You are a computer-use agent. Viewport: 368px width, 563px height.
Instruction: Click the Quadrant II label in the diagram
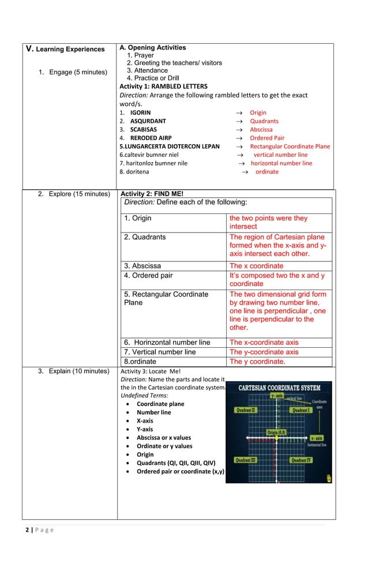pyautogui.click(x=245, y=410)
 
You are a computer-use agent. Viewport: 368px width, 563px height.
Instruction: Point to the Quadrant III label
pyautogui.click(x=246, y=460)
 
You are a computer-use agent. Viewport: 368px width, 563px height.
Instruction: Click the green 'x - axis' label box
pyautogui.click(x=316, y=438)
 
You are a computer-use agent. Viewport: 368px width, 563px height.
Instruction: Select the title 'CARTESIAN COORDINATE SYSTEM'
pyautogui.click(x=280, y=388)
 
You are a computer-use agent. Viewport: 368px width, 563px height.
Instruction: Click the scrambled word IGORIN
pyautogui.click(x=140, y=113)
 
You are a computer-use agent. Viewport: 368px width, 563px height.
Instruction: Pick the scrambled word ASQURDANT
pyautogui.click(x=148, y=121)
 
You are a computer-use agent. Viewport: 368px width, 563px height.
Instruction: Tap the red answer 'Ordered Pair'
pyautogui.click(x=266, y=138)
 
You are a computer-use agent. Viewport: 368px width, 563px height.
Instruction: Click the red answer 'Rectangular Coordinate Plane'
pyautogui.click(x=290, y=147)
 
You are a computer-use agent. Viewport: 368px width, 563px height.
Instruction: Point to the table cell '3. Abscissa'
pyautogui.click(x=142, y=266)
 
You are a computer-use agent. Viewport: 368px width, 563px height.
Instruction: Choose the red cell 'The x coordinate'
pyautogui.click(x=257, y=266)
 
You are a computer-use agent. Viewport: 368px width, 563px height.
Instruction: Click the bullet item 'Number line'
pyautogui.click(x=153, y=412)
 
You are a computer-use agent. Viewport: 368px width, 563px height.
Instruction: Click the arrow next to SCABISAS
pyautogui.click(x=238, y=130)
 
